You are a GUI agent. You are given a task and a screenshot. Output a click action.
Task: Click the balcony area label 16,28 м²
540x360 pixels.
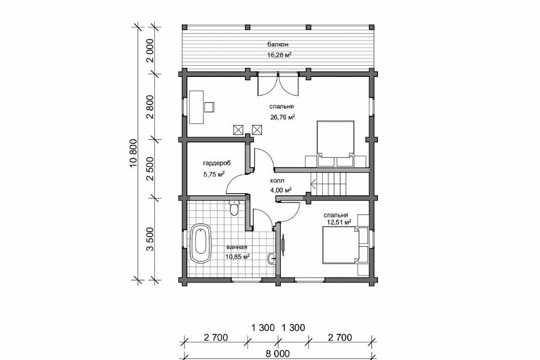[x=279, y=55]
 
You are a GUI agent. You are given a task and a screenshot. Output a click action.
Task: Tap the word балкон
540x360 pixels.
[x=278, y=45]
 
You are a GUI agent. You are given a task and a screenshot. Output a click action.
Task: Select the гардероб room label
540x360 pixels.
[x=217, y=163]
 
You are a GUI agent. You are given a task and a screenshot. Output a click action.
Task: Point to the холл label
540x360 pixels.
[x=277, y=180]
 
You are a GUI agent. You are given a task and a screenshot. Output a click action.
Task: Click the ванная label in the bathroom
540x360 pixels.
[x=237, y=247]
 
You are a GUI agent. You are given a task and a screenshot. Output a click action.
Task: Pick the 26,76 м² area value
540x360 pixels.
[x=283, y=117]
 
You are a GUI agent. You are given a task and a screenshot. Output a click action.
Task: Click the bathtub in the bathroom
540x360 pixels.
[x=201, y=244]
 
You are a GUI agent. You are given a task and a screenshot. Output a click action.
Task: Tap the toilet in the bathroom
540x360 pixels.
[x=234, y=207]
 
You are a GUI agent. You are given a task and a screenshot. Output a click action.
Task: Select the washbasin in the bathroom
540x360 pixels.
[x=271, y=259]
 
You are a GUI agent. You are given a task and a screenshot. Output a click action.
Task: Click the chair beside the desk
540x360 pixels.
[x=209, y=107]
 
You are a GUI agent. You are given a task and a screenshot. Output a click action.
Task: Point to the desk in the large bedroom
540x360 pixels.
[x=196, y=107]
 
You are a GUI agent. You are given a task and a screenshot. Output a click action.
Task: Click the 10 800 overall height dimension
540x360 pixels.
[x=133, y=153]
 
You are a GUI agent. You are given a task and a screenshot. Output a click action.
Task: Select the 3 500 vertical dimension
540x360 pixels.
[x=150, y=239]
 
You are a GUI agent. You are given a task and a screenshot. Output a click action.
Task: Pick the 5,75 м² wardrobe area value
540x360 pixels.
[x=214, y=174]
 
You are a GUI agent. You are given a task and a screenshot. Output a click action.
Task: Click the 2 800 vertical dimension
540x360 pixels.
[x=150, y=107]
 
